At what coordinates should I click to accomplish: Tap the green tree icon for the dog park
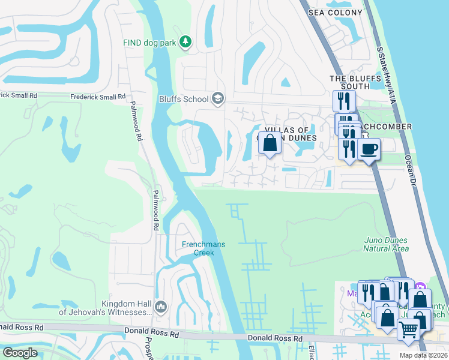[186, 41]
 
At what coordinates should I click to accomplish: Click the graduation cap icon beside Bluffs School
[217, 99]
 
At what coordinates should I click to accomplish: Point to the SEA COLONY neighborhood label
[336, 13]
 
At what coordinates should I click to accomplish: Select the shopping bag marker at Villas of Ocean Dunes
[270, 144]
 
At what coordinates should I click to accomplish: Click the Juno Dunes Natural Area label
[387, 244]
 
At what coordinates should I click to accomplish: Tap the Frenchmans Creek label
[198, 248]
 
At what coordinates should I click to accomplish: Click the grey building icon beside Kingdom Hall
[161, 308]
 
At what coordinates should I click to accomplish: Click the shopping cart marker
[409, 329]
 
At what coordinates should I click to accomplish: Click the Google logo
[19, 353]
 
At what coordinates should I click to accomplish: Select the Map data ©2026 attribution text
[423, 355]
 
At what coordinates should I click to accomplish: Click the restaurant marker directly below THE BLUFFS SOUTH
[344, 101]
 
